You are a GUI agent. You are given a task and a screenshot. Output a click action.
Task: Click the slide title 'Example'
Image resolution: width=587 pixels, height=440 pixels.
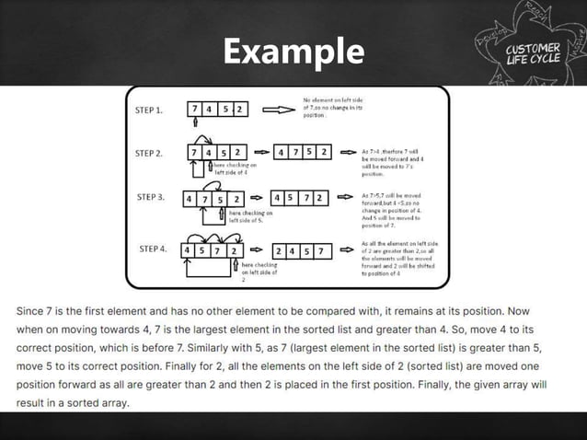coord(293,51)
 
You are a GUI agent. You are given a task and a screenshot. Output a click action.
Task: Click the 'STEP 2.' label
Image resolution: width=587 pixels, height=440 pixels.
coord(149,154)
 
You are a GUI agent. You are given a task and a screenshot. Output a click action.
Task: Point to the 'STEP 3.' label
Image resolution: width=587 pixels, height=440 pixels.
coord(151,197)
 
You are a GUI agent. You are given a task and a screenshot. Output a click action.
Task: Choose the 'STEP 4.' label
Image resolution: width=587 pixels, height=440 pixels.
coord(152,249)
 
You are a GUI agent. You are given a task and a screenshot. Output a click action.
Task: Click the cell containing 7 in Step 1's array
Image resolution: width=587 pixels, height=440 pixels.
coord(196,110)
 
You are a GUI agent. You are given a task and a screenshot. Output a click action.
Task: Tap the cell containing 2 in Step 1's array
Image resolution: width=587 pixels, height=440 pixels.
coord(239,110)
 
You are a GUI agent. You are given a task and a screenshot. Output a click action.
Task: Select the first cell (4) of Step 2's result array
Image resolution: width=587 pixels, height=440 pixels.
coord(282,151)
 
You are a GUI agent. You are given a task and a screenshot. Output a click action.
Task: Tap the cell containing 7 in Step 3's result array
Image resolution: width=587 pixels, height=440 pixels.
coord(308,198)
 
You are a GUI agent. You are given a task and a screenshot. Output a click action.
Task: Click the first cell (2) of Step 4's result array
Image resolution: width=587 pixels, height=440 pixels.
coord(278,249)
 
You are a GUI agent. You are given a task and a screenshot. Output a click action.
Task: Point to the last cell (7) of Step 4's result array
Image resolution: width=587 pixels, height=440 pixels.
coord(321,249)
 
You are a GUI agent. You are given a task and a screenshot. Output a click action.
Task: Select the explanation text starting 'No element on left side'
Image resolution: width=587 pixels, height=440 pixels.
coord(328,107)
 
